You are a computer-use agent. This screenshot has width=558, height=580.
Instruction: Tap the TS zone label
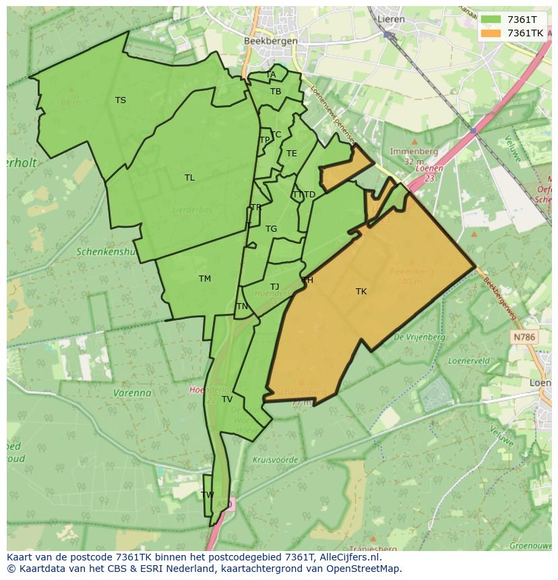[x=120, y=100]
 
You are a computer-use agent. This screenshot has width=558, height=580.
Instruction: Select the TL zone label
[x=189, y=178]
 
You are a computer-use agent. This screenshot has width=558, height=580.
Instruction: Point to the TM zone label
[x=205, y=279]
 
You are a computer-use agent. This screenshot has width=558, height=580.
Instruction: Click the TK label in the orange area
[x=361, y=292]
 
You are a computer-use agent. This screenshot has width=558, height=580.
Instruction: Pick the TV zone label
[x=227, y=399]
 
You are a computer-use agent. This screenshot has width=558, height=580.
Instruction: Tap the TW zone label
[x=208, y=494]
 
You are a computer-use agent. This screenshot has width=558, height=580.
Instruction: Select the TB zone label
[x=276, y=92]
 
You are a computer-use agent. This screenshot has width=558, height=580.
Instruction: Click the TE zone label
[x=291, y=154]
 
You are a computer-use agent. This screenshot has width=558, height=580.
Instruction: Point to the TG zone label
[x=271, y=229]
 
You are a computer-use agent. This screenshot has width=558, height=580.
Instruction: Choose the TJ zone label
[x=274, y=287]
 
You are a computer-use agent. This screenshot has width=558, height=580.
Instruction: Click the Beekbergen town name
[x=270, y=41]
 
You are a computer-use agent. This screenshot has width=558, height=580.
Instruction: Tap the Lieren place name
[x=391, y=19]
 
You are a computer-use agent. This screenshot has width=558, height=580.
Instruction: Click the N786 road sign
[x=524, y=336]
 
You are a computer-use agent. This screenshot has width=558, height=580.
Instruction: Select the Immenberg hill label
[x=414, y=152]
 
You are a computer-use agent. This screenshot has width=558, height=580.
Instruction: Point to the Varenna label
[x=132, y=393]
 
